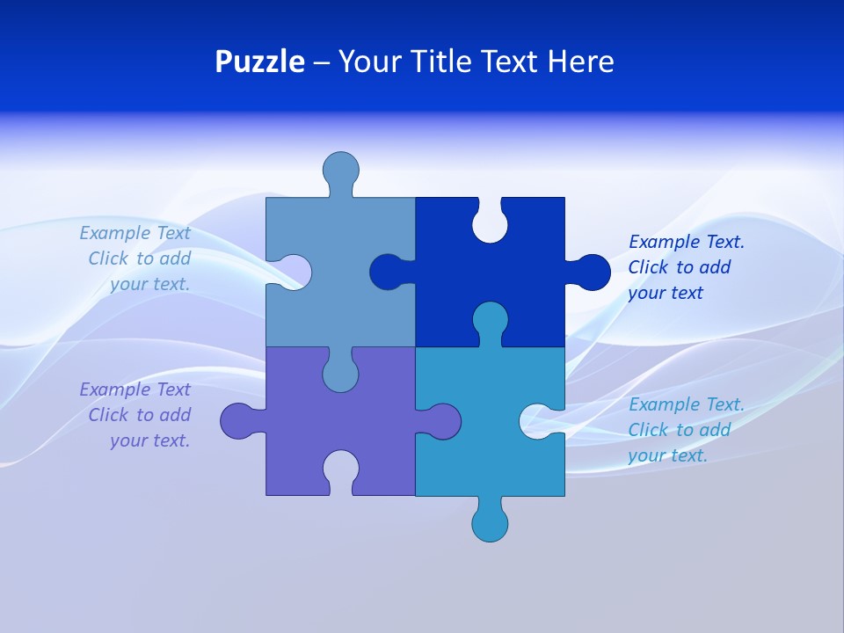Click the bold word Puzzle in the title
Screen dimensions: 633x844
pos(259,62)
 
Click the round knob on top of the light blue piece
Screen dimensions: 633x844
pos(340,169)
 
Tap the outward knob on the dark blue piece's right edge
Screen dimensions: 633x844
pos(591,272)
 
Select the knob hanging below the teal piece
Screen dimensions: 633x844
pos(490,523)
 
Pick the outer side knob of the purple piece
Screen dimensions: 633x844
pos(237,421)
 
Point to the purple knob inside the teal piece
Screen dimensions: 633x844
pos(442,421)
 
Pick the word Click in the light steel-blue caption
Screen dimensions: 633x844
pos(108,258)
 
